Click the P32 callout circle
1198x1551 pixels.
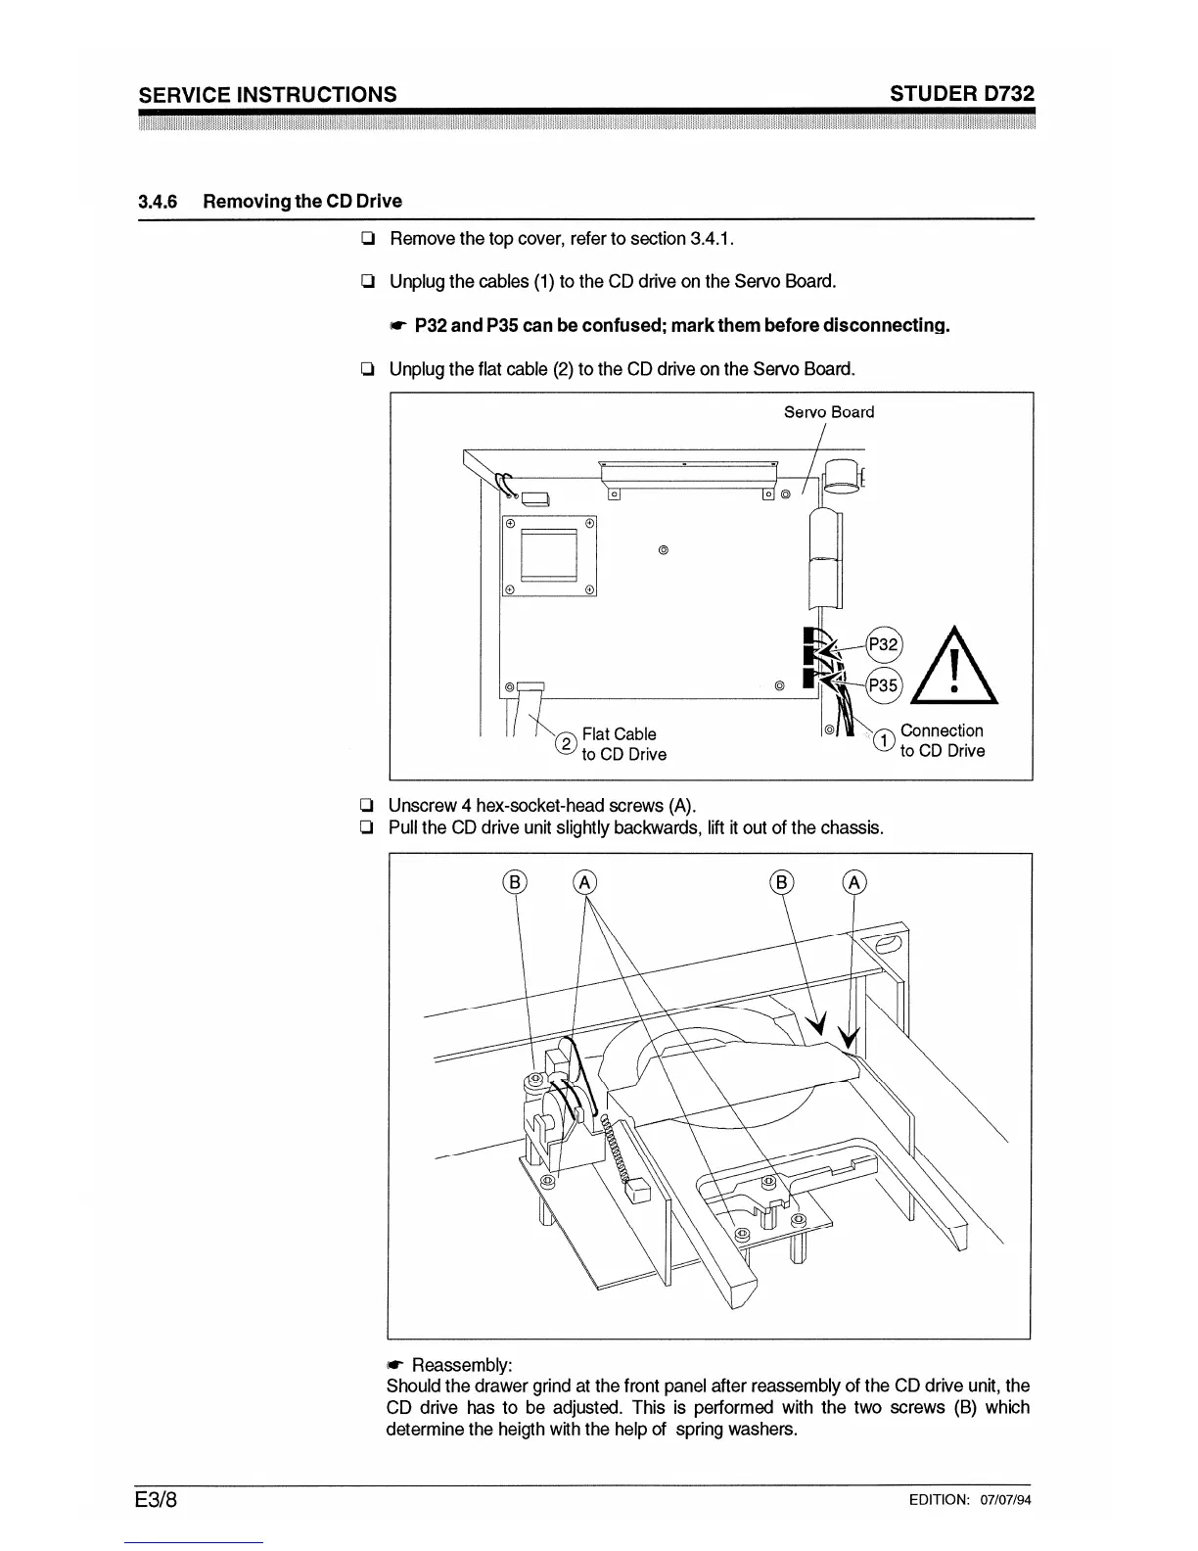884,644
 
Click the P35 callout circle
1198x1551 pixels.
884,685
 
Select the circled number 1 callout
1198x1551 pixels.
883,741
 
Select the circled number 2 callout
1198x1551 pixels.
565,744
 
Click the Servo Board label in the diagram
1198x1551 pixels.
829,412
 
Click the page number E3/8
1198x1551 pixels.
161,1500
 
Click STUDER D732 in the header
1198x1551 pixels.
962,94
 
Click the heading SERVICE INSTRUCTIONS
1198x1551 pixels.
268,94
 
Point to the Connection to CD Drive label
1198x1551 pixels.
942,741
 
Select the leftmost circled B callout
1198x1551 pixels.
515,882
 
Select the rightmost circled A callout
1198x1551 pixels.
853,882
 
